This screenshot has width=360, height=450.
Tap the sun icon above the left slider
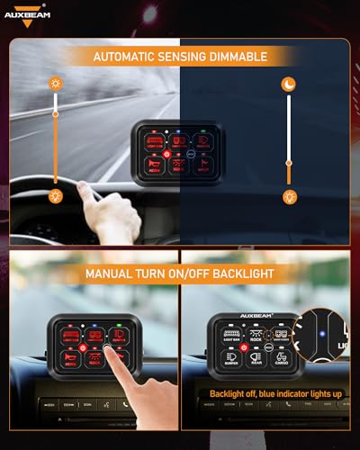(55, 82)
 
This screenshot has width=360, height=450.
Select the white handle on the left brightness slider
(55, 113)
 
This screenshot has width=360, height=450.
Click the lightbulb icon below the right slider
(290, 195)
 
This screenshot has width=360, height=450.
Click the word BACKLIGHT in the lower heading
(240, 271)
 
